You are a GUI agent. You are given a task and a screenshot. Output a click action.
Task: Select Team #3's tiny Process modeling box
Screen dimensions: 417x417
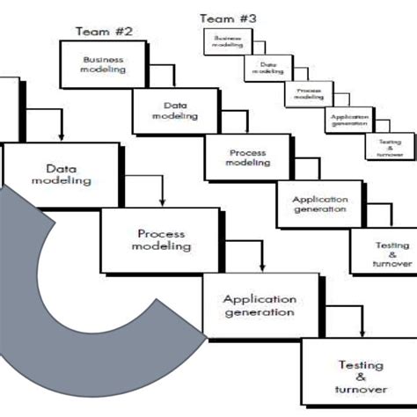(304, 92)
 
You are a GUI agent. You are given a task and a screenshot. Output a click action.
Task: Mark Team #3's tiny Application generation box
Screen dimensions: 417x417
(346, 120)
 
